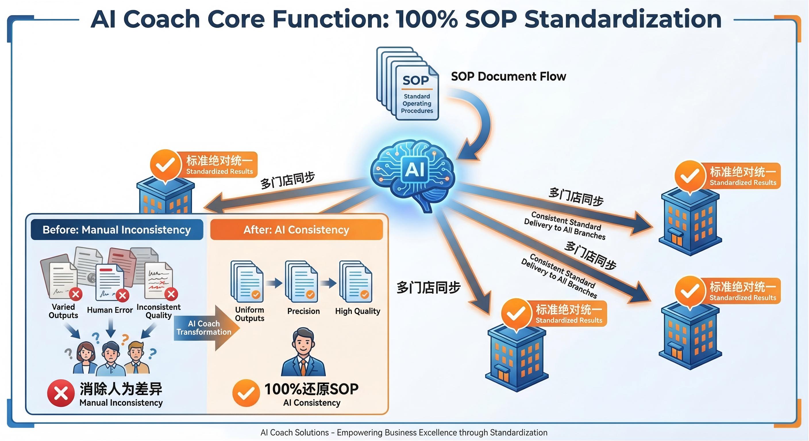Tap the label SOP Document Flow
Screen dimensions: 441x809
[x=508, y=77]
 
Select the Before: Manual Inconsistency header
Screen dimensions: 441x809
[x=117, y=230]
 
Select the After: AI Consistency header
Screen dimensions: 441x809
[x=296, y=230]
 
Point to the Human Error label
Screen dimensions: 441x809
[x=110, y=310]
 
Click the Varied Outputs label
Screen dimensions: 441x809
[x=63, y=311]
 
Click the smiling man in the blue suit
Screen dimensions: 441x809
[x=303, y=353]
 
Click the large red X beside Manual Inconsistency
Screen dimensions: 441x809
[x=61, y=393]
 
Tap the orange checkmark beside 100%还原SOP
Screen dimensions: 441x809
[x=246, y=393]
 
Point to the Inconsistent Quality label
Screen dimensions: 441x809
[x=159, y=311]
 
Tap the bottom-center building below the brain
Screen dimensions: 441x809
[x=517, y=358]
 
